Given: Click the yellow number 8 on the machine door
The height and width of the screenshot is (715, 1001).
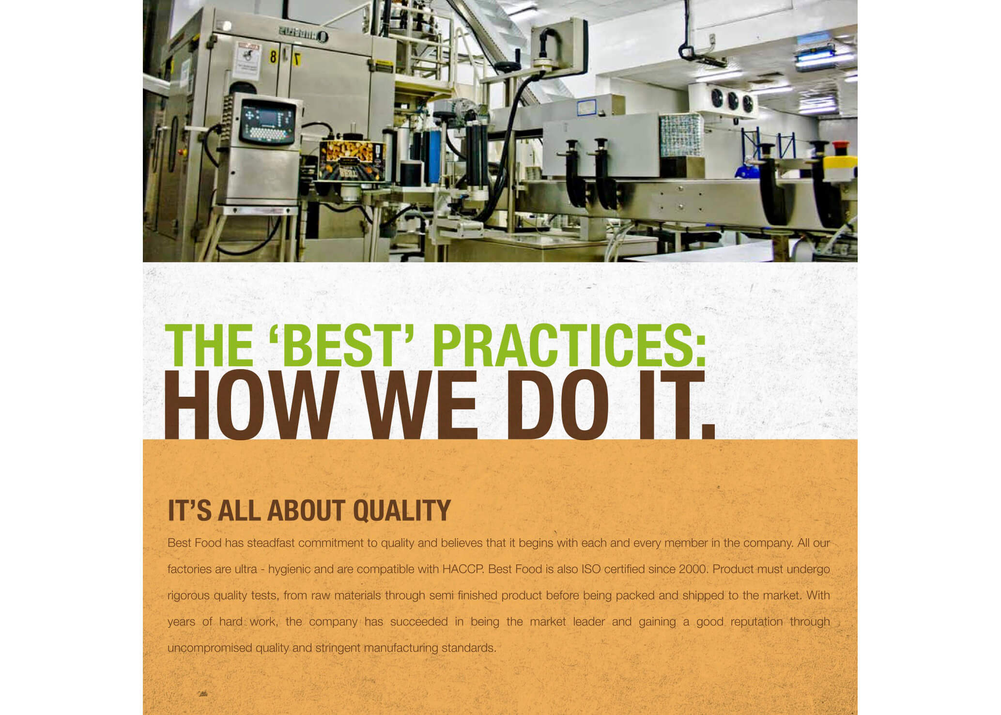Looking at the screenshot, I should tap(273, 57).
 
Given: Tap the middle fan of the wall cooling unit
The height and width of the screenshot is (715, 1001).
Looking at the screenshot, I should tap(733, 101).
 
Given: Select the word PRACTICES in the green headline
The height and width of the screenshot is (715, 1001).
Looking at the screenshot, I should tap(569, 345).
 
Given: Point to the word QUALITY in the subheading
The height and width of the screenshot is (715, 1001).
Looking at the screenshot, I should tap(402, 511).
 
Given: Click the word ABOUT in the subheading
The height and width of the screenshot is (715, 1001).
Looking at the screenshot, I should tap(306, 511).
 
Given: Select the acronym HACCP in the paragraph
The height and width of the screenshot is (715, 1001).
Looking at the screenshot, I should tap(462, 569).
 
